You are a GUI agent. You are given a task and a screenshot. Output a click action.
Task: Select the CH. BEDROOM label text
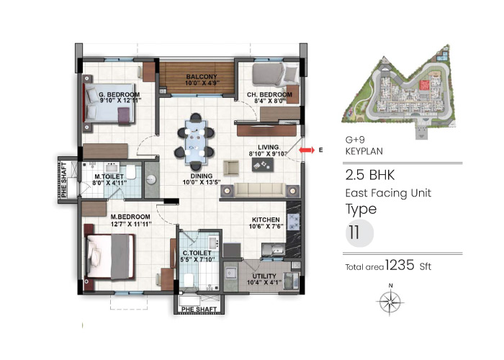(x=269, y=94)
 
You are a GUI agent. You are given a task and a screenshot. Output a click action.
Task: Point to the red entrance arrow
(x=307, y=150)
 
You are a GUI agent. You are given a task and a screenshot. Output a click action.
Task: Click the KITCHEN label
(x=266, y=220)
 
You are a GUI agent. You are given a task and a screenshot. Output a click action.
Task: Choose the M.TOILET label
(x=110, y=176)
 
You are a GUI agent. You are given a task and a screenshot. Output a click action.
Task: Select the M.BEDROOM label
(x=130, y=216)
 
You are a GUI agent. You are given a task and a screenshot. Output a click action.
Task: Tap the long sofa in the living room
(x=252, y=190)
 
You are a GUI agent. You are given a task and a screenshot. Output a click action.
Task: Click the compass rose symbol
(x=390, y=300)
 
